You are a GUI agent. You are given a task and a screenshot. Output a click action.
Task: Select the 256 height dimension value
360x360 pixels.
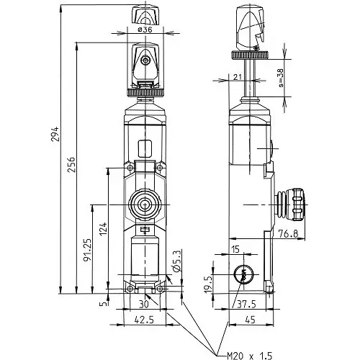coord(71,165)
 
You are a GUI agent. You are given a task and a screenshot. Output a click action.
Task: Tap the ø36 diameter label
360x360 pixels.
coord(145,30)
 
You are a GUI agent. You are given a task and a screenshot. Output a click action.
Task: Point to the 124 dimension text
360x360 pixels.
coord(103,229)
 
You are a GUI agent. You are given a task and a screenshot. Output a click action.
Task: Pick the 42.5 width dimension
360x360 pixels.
coord(144,320)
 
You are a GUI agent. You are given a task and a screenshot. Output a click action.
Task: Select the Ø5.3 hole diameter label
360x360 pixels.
coord(176,261)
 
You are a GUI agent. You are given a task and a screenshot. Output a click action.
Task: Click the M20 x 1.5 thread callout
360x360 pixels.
coord(249,356)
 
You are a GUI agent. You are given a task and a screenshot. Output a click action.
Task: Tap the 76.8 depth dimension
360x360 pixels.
coord(288,233)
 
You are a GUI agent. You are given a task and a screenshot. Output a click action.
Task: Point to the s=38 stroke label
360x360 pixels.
coord(280,78)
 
